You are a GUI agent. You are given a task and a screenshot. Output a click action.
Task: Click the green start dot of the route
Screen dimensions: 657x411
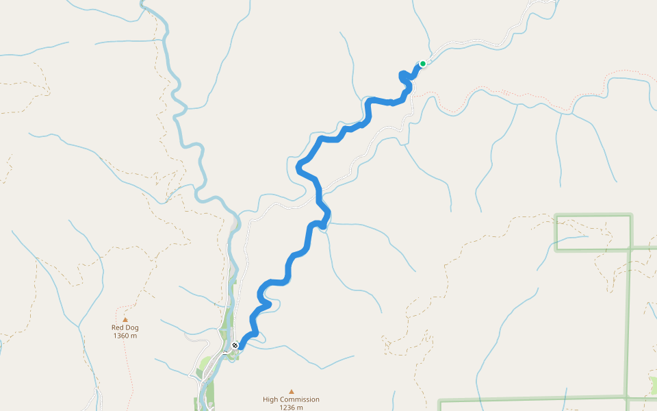pos(423,64)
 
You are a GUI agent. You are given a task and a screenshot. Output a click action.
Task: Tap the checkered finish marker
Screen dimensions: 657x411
pos(235,345)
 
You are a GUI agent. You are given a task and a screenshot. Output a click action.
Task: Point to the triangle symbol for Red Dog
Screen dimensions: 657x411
pos(125,319)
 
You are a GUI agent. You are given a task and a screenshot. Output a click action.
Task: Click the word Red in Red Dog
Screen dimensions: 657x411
pos(117,327)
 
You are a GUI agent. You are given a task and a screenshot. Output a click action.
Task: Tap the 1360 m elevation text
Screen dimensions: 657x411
pos(125,336)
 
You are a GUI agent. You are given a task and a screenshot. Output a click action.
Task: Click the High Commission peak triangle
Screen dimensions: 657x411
pos(291,392)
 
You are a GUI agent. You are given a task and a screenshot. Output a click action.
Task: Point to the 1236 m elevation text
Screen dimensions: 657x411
pos(291,408)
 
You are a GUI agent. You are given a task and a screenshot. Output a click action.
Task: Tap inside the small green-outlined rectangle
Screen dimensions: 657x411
pos(593,232)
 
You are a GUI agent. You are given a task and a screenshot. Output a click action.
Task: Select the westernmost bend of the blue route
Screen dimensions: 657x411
pos(298,166)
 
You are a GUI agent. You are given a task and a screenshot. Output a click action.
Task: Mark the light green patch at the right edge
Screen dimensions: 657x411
pos(653,386)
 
